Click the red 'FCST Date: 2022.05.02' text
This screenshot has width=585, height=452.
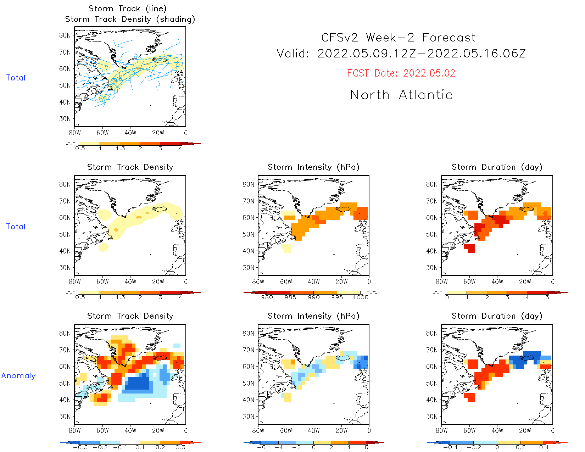point(401,73)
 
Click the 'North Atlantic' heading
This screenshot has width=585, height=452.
point(401,95)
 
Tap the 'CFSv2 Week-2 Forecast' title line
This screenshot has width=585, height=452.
point(398,38)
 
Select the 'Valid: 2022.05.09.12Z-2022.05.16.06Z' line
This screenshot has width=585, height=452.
point(401,54)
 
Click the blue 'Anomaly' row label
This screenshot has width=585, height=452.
point(18,376)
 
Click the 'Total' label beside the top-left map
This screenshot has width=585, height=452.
point(16,78)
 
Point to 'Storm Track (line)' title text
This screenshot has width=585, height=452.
point(127,9)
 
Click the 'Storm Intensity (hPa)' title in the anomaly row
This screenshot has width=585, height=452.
point(313,316)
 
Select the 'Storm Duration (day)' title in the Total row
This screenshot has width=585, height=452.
point(497,167)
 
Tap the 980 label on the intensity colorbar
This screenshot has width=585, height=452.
point(267,297)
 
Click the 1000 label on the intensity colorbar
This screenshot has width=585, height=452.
point(360,297)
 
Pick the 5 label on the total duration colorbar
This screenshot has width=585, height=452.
point(547,297)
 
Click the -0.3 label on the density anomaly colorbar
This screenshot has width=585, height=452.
point(80,447)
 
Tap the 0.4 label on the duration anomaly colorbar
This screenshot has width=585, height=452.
point(544,447)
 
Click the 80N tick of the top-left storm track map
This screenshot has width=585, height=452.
point(65,35)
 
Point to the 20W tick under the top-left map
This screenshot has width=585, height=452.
point(158,133)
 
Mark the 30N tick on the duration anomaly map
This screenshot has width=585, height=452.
point(431,417)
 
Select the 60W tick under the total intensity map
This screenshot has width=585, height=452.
point(286,282)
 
